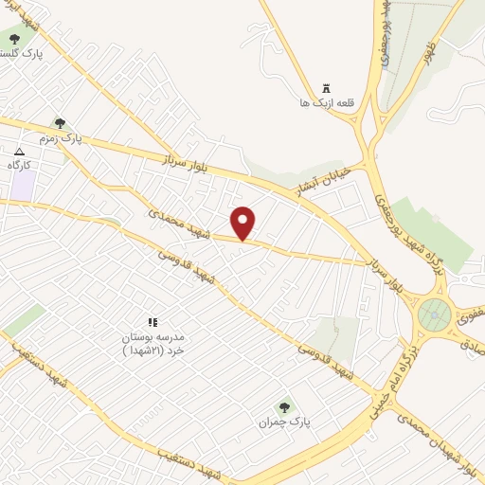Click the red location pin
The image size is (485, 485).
[x=243, y=223]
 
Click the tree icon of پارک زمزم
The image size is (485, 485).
[x=61, y=122]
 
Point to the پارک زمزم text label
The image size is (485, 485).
[x=61, y=138]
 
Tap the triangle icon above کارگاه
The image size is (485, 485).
[x=20, y=151]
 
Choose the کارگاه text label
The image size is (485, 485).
[x=20, y=165]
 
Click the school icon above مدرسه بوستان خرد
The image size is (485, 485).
[x=153, y=323]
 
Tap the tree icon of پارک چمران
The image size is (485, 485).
[x=281, y=408]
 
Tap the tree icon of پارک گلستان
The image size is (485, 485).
[x=13, y=39]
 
